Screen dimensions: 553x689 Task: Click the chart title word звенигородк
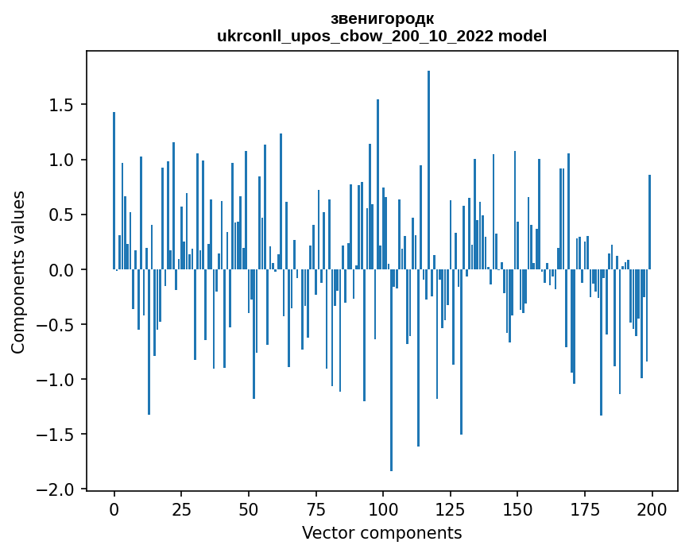[381, 19]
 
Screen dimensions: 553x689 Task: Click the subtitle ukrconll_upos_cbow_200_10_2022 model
[381, 37]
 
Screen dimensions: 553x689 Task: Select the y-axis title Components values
[18, 271]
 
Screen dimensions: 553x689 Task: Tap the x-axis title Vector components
[381, 532]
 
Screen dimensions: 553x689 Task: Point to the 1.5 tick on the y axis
[63, 106]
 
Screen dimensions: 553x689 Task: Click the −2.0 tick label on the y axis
[57, 489]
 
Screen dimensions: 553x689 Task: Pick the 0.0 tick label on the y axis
[63, 270]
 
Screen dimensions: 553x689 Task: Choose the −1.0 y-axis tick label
[57, 380]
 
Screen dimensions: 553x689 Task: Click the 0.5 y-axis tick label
[63, 215]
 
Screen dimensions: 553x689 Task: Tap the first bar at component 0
[114, 191]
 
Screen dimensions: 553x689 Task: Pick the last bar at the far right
[649, 222]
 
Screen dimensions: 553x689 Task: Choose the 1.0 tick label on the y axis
[63, 160]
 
